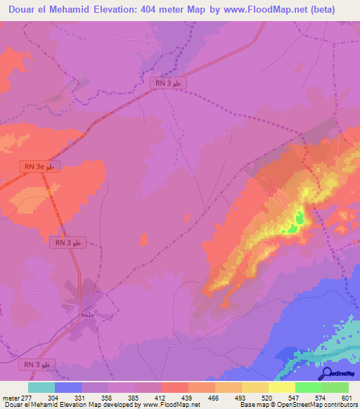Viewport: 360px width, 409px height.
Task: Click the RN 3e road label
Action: pyautogui.click(x=40, y=167)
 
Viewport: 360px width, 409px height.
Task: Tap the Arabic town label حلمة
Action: pyautogui.click(x=87, y=314)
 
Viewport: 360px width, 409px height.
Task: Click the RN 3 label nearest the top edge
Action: pyautogui.click(x=169, y=83)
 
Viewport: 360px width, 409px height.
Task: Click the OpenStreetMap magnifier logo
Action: pyautogui.click(x=327, y=374)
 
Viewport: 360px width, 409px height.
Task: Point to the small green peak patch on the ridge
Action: pyautogui.click(x=298, y=219)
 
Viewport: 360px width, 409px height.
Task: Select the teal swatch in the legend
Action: pyautogui.click(x=41, y=388)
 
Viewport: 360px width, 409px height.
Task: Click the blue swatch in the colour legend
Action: pyautogui.click(x=68, y=388)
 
